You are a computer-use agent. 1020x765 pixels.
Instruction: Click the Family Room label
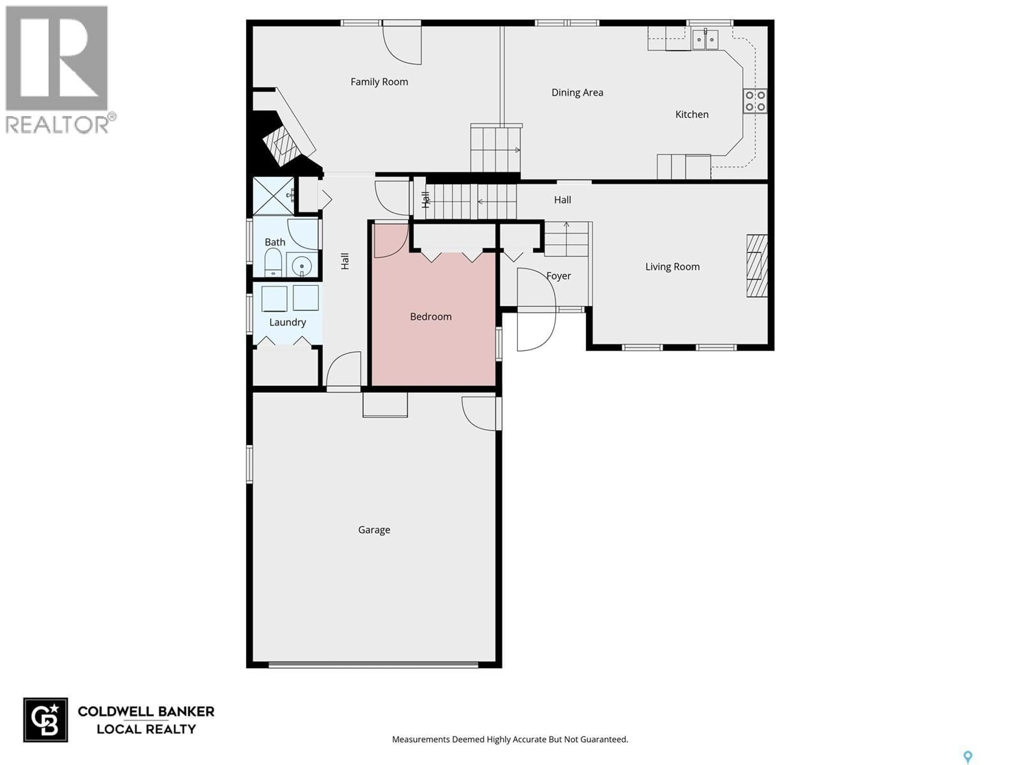coord(379,82)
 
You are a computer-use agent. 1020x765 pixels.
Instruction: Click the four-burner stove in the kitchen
coord(755,101)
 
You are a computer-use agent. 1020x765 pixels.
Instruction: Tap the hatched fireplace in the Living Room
coord(757,266)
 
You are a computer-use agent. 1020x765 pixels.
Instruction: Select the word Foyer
coord(558,276)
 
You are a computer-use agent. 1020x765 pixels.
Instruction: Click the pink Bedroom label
coord(430,316)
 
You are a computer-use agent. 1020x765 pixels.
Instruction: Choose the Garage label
coord(374,530)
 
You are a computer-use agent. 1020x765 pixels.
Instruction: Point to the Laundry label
coord(287,322)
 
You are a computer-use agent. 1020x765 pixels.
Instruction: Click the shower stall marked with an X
coord(273,196)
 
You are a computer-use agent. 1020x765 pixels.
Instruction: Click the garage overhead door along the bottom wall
coord(373,665)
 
